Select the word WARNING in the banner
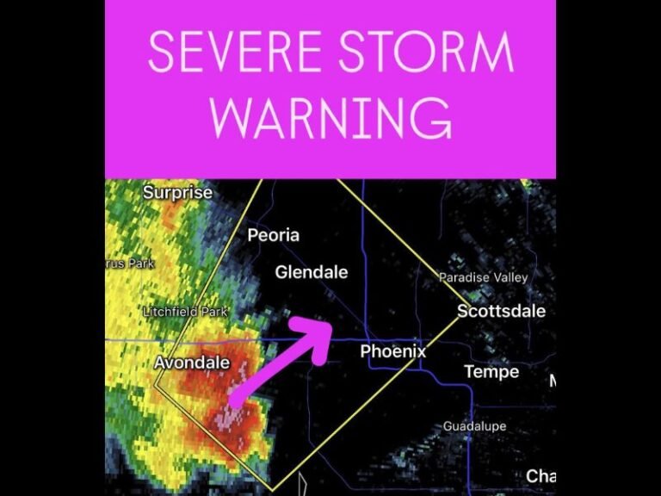point(330,119)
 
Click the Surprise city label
point(177,193)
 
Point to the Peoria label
point(274,235)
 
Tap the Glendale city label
point(312,273)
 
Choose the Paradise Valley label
point(483,277)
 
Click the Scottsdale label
point(501,311)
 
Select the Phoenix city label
point(392,351)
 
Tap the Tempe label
point(491,372)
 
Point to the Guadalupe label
point(474,427)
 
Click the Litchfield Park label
point(185,312)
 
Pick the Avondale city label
point(192,363)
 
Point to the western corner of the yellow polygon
point(156,387)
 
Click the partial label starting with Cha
point(541,476)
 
